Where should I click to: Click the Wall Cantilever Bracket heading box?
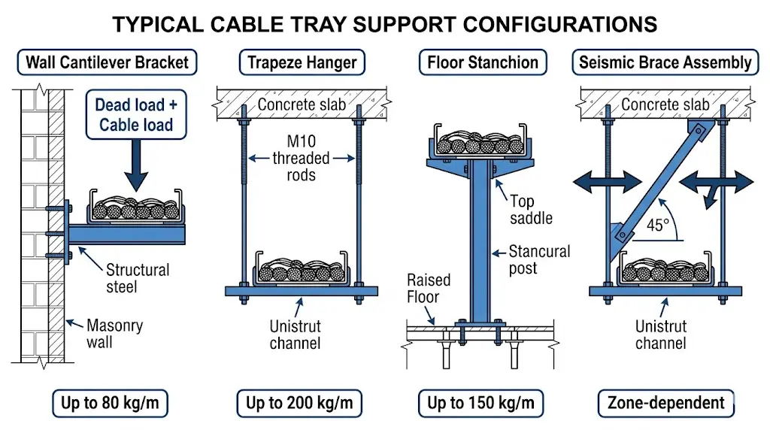(107, 62)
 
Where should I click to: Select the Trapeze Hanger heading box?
(302, 62)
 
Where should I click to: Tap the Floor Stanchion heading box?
(483, 62)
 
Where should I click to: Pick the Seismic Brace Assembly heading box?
(665, 62)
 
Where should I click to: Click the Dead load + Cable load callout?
(135, 115)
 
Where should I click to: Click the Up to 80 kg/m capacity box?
(110, 404)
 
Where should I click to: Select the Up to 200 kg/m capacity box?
(299, 404)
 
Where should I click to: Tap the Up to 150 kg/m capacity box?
(480, 404)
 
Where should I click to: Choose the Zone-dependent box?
(665, 404)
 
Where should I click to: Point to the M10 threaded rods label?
(302, 158)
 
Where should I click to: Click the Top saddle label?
(531, 209)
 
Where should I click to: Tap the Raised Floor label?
(429, 288)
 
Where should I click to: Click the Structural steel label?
(137, 277)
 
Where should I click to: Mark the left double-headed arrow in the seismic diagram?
(608, 183)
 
